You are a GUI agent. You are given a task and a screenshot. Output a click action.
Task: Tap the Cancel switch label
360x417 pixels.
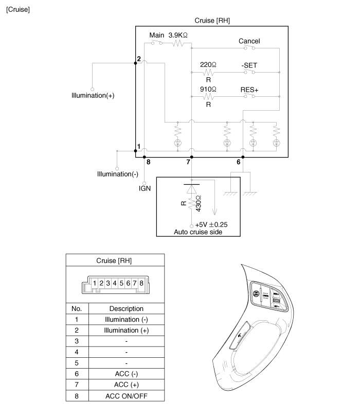tap(249, 41)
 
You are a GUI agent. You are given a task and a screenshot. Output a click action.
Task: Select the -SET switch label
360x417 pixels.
tap(249, 65)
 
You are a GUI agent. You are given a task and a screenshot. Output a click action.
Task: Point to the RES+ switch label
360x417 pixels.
tap(249, 90)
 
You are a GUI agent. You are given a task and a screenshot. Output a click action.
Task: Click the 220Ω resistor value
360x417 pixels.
tap(208, 65)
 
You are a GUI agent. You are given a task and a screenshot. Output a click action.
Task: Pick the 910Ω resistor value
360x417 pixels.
tap(208, 90)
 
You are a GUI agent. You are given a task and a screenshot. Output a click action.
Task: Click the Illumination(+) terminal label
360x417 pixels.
tap(93, 96)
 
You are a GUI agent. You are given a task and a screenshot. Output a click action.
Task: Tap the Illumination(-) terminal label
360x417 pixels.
tap(118, 174)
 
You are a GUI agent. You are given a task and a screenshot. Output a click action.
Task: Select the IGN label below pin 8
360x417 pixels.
tap(145, 188)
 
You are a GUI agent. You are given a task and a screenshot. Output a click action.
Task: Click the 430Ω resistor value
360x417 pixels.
tap(199, 204)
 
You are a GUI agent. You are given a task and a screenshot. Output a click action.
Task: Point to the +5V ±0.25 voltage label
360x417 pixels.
tap(212, 225)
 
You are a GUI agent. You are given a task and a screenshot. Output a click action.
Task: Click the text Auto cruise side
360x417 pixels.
tap(197, 233)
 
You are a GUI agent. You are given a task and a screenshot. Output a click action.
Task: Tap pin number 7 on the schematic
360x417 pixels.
tap(189, 162)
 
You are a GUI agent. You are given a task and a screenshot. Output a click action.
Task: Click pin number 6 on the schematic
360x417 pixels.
tap(238, 162)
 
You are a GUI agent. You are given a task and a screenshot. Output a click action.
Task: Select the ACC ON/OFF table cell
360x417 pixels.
tap(126, 396)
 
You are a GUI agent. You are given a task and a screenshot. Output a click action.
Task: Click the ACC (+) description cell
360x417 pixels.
tap(126, 385)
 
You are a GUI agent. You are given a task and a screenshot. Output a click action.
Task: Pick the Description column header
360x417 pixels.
tap(126, 308)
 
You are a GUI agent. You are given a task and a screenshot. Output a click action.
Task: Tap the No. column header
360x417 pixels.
tap(77, 308)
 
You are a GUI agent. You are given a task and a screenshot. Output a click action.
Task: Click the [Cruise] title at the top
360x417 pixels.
tap(17, 10)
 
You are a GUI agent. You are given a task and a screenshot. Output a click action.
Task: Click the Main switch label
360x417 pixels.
tap(156, 35)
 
